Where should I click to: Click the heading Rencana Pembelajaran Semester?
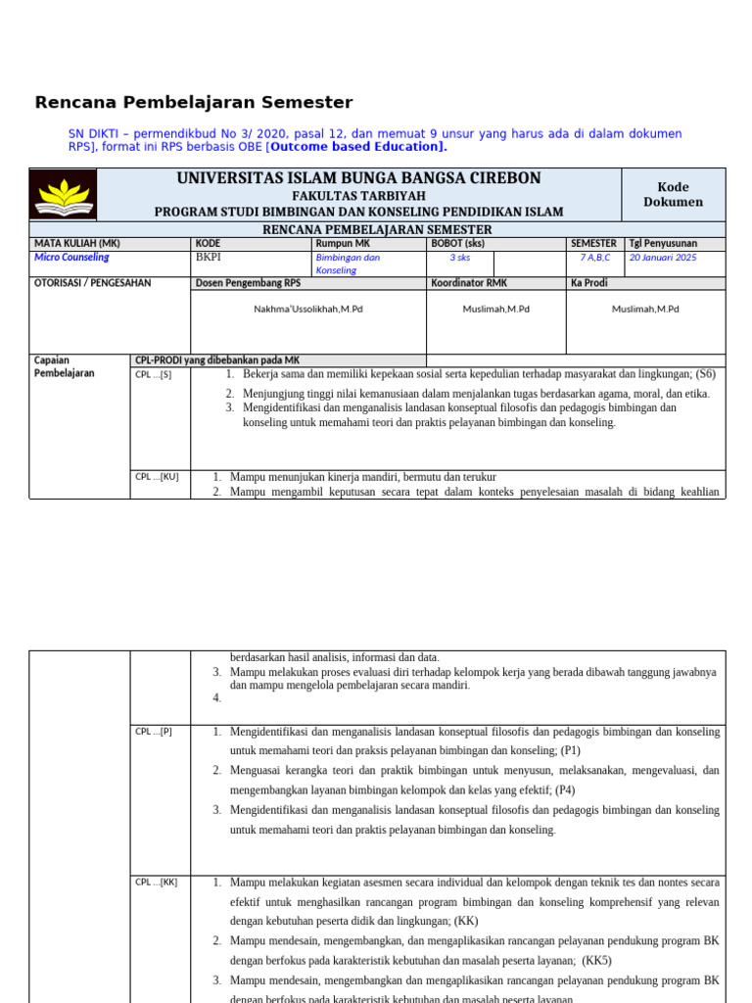[194, 103]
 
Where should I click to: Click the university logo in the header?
[64, 194]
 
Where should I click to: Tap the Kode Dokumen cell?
[673, 194]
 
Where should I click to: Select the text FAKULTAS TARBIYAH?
[358, 196]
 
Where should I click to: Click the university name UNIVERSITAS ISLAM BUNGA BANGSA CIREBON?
[358, 178]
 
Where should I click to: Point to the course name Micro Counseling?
[71, 258]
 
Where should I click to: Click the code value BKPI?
[209, 258]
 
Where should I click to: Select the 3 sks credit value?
[459, 258]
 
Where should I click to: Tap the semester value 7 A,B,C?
[594, 258]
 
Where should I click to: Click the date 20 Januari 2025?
[663, 258]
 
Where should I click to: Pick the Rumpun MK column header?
[343, 243]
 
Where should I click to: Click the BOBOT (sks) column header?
[458, 243]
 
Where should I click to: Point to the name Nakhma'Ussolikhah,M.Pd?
[308, 309]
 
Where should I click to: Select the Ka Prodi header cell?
[589, 283]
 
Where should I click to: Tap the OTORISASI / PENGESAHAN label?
[93, 283]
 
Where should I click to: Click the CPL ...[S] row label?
[153, 374]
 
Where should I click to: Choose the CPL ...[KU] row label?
[157, 477]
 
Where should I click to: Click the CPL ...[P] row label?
[154, 732]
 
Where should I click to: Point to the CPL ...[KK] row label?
[157, 883]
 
